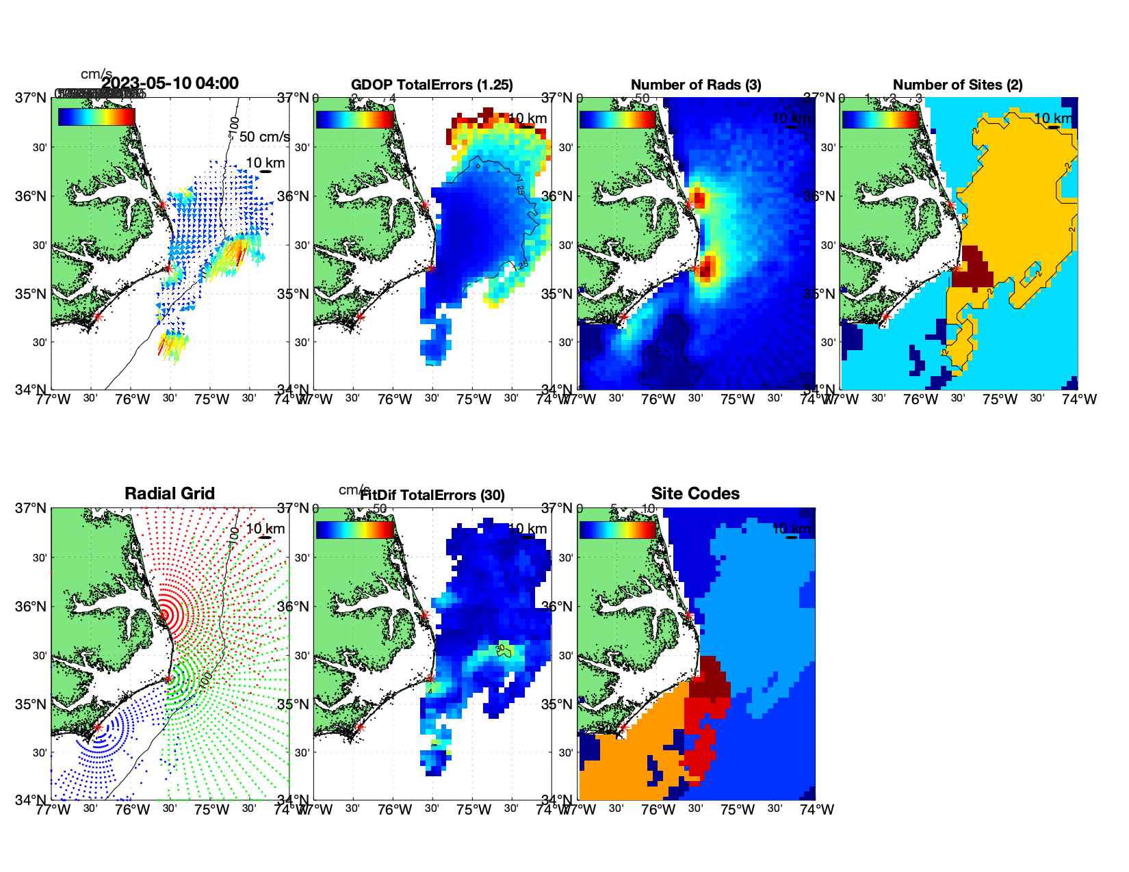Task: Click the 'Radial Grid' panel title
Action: [170, 494]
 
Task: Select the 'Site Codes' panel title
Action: [695, 494]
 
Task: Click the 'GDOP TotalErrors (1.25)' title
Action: [432, 85]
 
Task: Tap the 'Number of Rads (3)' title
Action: [696, 85]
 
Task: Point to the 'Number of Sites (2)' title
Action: [957, 85]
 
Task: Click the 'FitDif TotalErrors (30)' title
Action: [432, 495]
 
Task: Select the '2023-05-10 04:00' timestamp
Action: [170, 83]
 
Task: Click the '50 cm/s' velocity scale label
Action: [264, 137]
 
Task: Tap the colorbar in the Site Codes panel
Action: [618, 530]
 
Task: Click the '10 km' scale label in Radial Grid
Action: [265, 529]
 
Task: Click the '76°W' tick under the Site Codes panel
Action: [658, 810]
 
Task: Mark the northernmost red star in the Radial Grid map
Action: [163, 615]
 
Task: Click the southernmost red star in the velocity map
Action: [97, 317]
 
